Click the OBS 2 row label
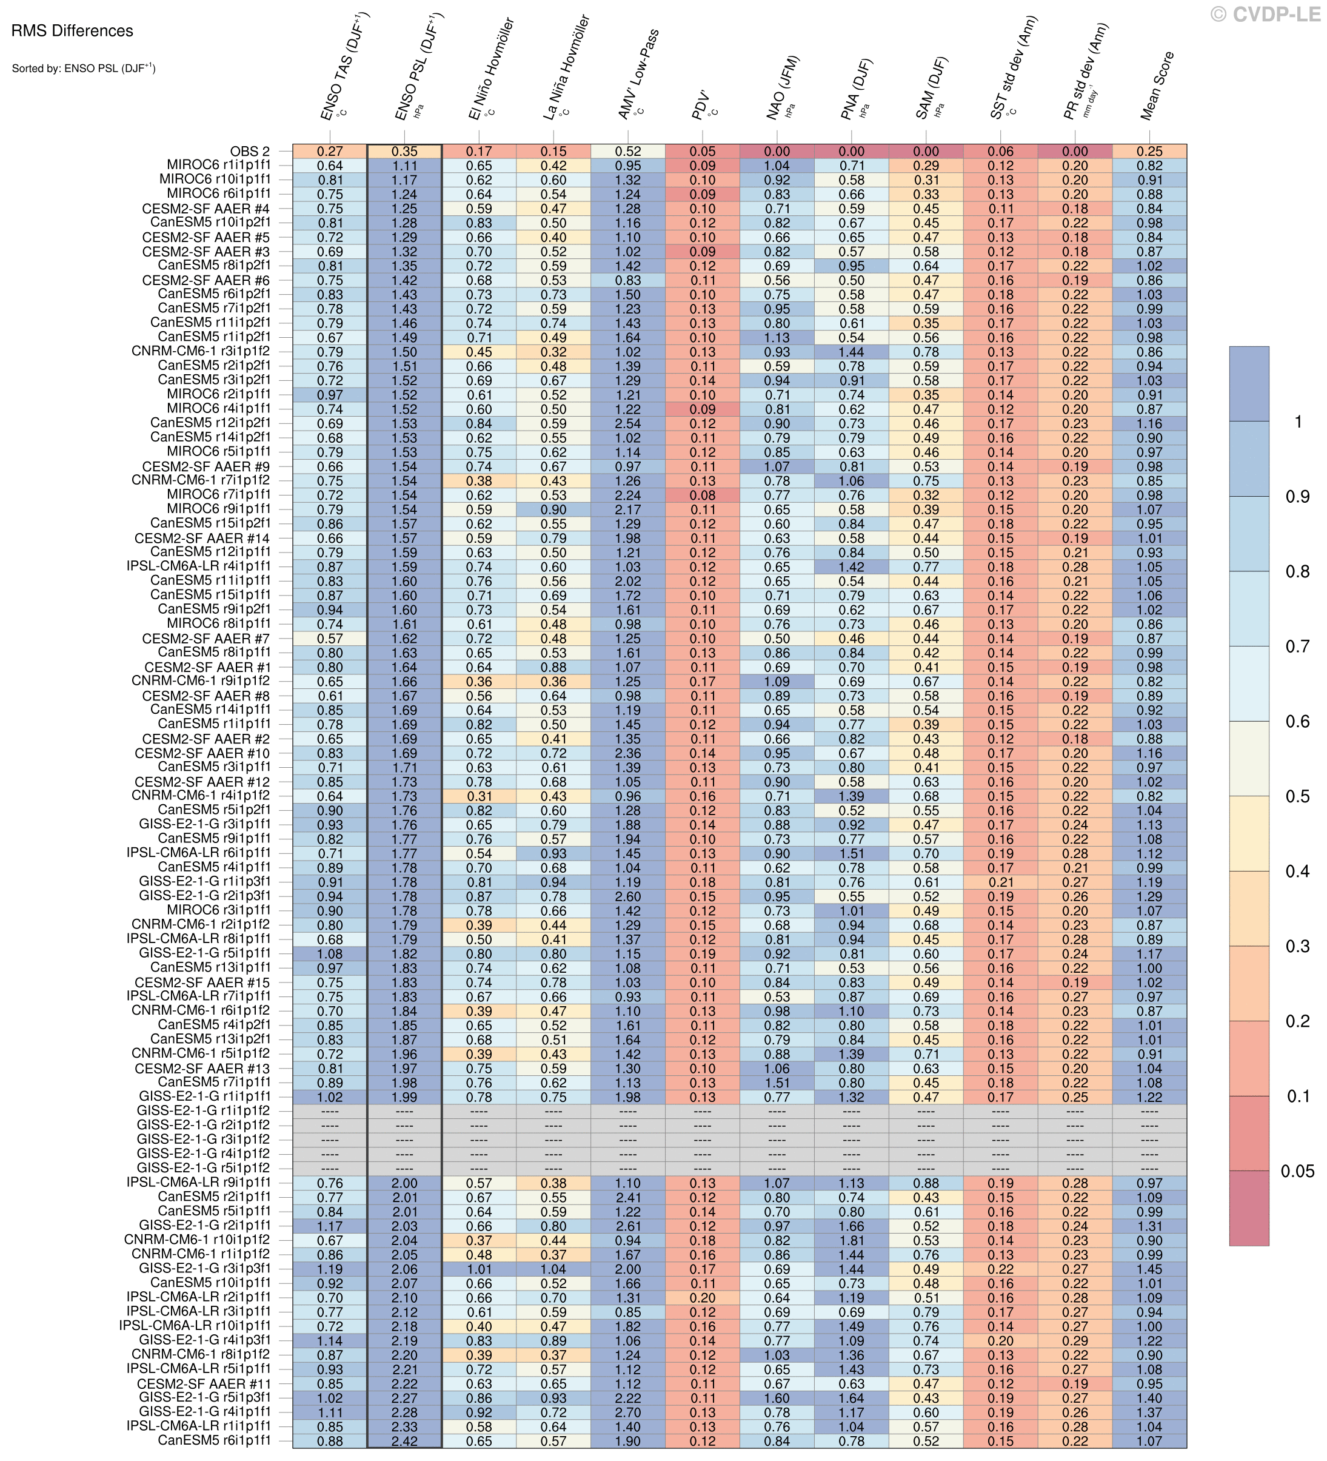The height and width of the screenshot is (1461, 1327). (x=250, y=152)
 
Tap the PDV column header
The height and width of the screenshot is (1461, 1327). (x=703, y=105)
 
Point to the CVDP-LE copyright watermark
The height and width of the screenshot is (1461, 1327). (x=1265, y=14)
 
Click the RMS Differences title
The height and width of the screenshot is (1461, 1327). (x=72, y=31)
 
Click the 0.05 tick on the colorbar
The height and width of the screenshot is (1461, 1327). (x=1297, y=1171)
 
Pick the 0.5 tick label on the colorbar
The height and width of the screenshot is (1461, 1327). (x=1297, y=796)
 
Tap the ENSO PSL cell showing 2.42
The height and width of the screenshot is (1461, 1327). (x=404, y=1442)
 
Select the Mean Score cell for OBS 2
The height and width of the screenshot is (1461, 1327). (x=1149, y=152)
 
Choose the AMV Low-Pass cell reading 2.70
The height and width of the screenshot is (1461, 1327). (x=628, y=1412)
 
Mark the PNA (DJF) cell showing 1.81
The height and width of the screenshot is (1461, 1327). (x=852, y=1241)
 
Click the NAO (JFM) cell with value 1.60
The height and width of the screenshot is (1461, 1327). (x=777, y=1398)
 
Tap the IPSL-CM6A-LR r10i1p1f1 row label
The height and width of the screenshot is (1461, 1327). (x=196, y=1326)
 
